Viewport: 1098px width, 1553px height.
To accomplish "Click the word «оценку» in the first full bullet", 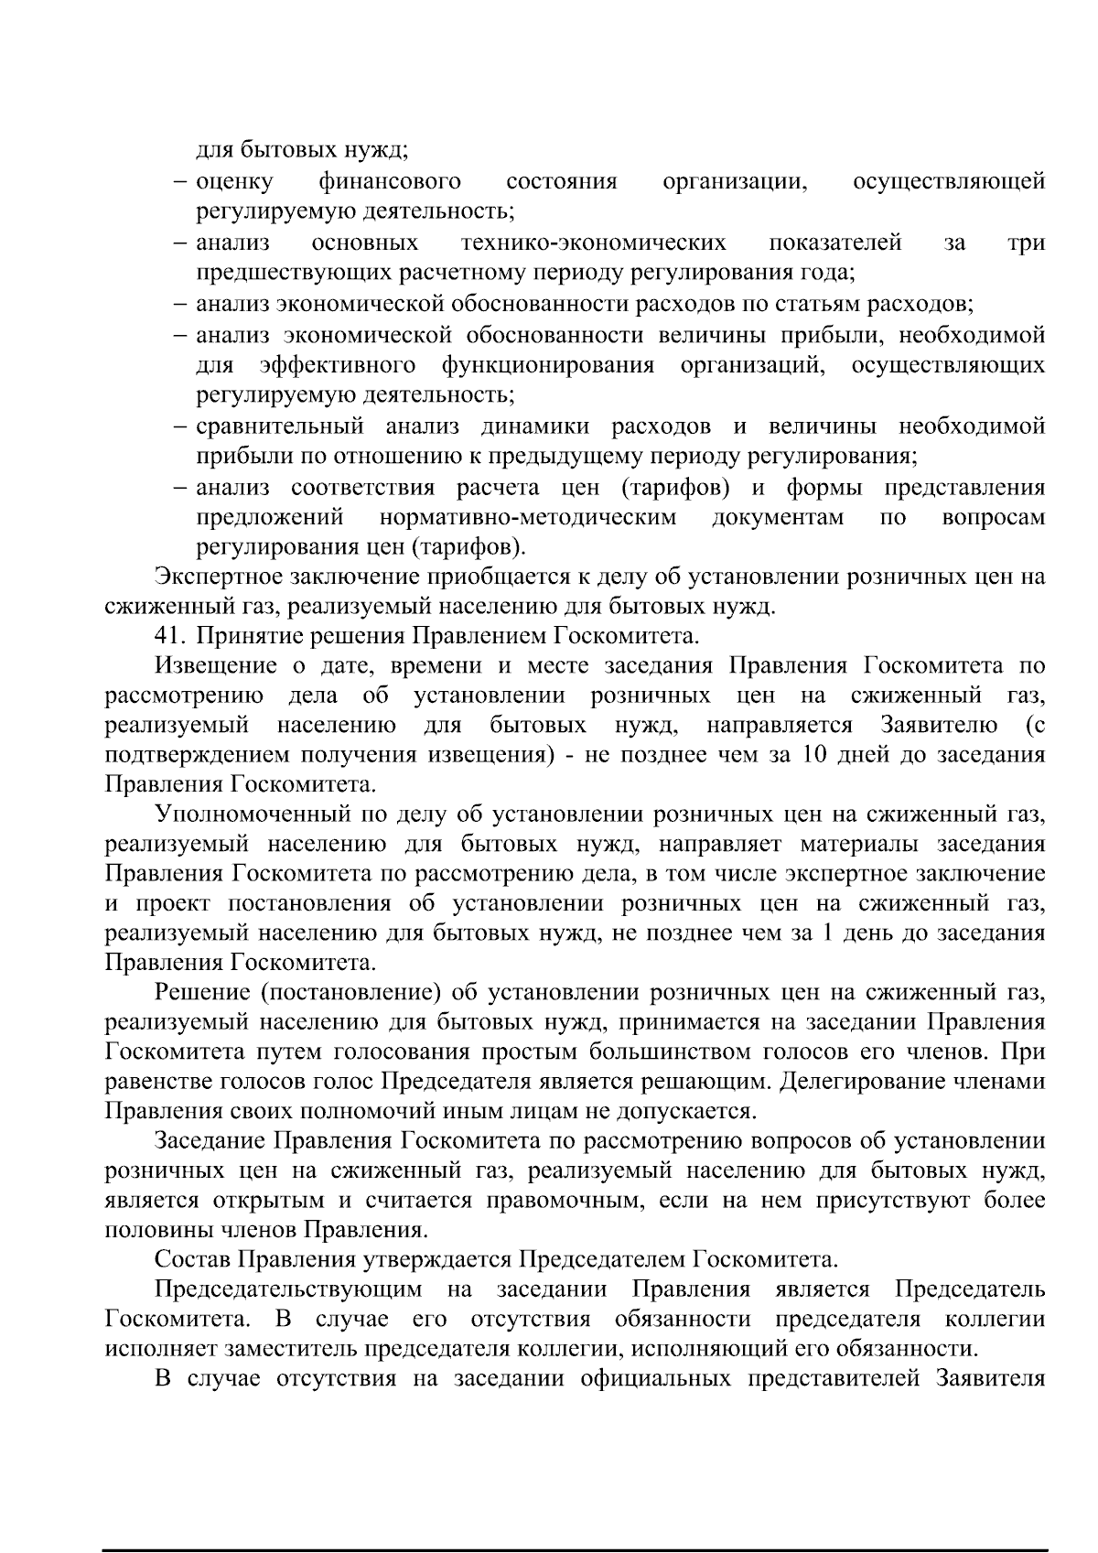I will coord(234,182).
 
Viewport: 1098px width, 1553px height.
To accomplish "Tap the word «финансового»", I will coord(389,182).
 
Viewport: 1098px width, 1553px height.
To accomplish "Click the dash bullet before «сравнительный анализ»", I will coord(182,426).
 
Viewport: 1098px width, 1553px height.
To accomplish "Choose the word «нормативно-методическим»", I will coord(528,518).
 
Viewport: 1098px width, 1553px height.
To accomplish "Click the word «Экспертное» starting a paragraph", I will coord(216,577).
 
